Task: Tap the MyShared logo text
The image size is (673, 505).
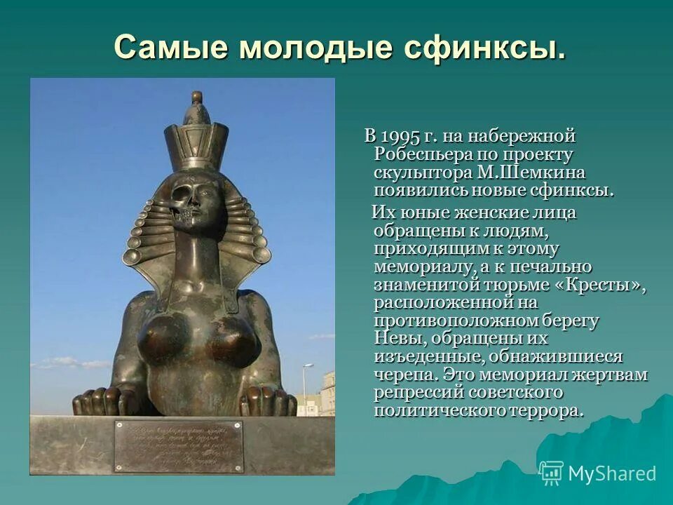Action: click(x=611, y=473)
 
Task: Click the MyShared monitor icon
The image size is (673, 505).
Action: click(x=551, y=473)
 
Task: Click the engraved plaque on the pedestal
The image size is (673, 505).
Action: click(x=178, y=446)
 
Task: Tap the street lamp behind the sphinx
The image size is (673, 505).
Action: click(x=306, y=386)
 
